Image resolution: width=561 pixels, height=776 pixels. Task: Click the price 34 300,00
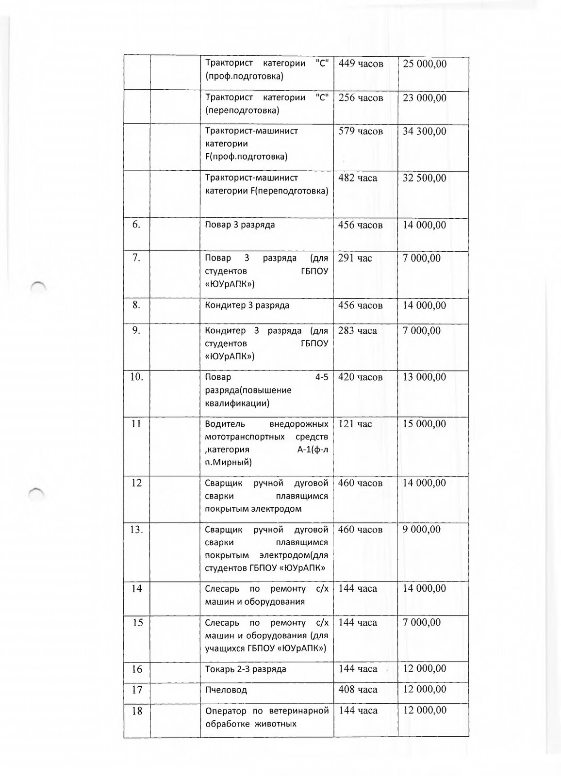pyautogui.click(x=425, y=131)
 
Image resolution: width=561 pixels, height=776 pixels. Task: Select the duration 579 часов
pyautogui.click(x=361, y=131)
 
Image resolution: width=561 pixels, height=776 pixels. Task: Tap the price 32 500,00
pyautogui.click(x=425, y=178)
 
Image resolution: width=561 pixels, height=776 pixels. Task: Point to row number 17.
pyautogui.click(x=137, y=689)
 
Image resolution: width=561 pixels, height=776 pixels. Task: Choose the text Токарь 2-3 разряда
pyautogui.click(x=246, y=669)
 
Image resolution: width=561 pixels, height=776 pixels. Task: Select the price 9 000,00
pyautogui.click(x=422, y=530)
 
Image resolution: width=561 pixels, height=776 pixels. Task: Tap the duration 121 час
pyautogui.click(x=355, y=424)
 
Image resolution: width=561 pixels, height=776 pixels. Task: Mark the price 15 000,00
pyautogui.click(x=425, y=424)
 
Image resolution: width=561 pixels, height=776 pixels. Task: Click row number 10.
pyautogui.click(x=137, y=377)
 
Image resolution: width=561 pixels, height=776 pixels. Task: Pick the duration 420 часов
pyautogui.click(x=361, y=377)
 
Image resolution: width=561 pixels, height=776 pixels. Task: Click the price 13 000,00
pyautogui.click(x=425, y=377)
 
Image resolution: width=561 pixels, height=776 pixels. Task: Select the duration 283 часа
pyautogui.click(x=358, y=331)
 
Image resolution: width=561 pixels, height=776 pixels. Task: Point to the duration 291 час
pyautogui.click(x=355, y=258)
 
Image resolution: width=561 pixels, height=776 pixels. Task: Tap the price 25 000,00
pyautogui.click(x=425, y=64)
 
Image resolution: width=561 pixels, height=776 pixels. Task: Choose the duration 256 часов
pyautogui.click(x=361, y=98)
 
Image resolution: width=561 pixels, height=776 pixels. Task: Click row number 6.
pyautogui.click(x=137, y=225)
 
